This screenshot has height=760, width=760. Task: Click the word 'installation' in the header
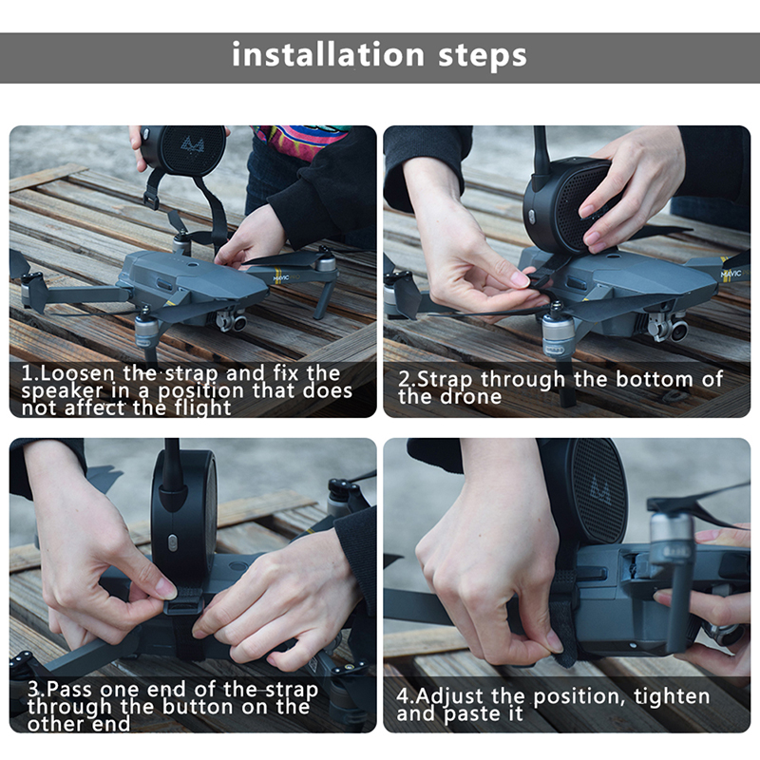328,54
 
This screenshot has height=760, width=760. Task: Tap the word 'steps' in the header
483,56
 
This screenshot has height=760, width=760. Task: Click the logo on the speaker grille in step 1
193,144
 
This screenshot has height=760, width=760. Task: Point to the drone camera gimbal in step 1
231,320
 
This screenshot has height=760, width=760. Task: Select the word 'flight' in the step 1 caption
202,408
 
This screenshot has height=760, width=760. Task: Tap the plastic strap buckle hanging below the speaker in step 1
151,199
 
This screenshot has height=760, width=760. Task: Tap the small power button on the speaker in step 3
172,542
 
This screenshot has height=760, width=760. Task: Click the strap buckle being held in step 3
184,604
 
